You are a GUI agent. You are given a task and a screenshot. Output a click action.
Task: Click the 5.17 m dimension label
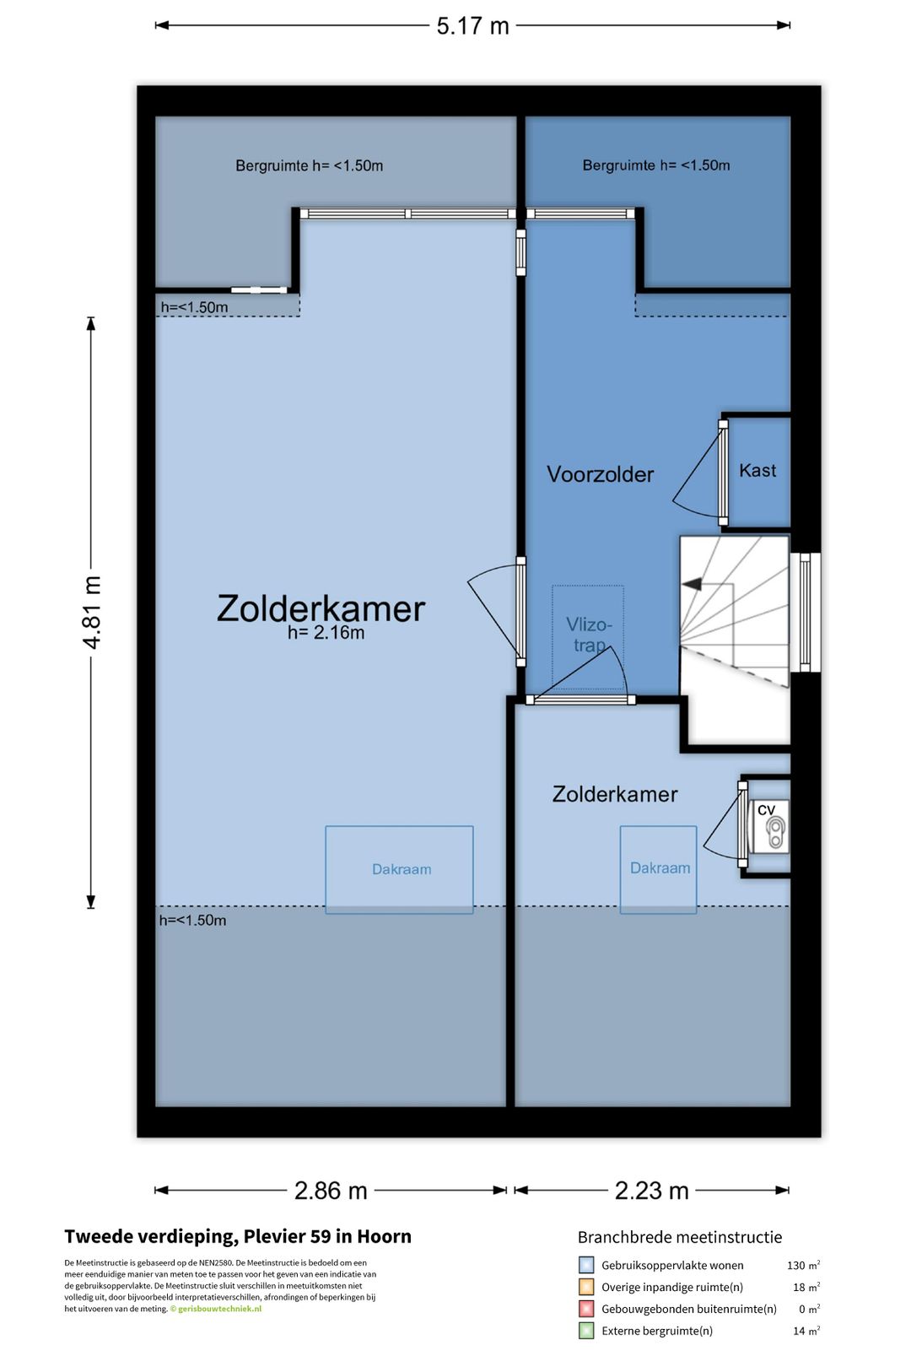tap(472, 26)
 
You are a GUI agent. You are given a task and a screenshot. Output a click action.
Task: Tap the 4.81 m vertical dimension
tap(92, 612)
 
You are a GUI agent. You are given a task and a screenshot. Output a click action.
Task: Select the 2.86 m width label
tap(331, 1191)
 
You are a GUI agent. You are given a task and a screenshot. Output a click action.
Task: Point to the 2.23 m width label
tap(651, 1191)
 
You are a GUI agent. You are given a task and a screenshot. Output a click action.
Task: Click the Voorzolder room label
tap(600, 474)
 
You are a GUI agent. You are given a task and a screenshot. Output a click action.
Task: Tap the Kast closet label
tap(757, 471)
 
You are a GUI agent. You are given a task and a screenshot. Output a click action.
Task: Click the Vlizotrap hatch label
tap(588, 635)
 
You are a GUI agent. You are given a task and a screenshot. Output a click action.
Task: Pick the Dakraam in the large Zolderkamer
tap(401, 869)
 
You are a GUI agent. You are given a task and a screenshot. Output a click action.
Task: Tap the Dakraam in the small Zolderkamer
tap(660, 868)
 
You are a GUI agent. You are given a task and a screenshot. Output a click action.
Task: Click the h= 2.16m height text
tap(326, 633)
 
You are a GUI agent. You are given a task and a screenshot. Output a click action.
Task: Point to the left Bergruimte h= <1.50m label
tap(309, 166)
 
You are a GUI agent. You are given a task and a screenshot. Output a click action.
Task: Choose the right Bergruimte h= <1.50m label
tap(655, 165)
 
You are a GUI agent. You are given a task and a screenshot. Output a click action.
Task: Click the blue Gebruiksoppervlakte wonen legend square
tap(586, 1265)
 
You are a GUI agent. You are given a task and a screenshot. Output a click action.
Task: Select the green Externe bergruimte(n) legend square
tap(586, 1331)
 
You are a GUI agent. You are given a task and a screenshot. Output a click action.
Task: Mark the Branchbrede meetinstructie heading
tap(679, 1237)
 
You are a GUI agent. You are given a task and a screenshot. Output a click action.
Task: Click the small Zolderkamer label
tap(614, 794)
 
